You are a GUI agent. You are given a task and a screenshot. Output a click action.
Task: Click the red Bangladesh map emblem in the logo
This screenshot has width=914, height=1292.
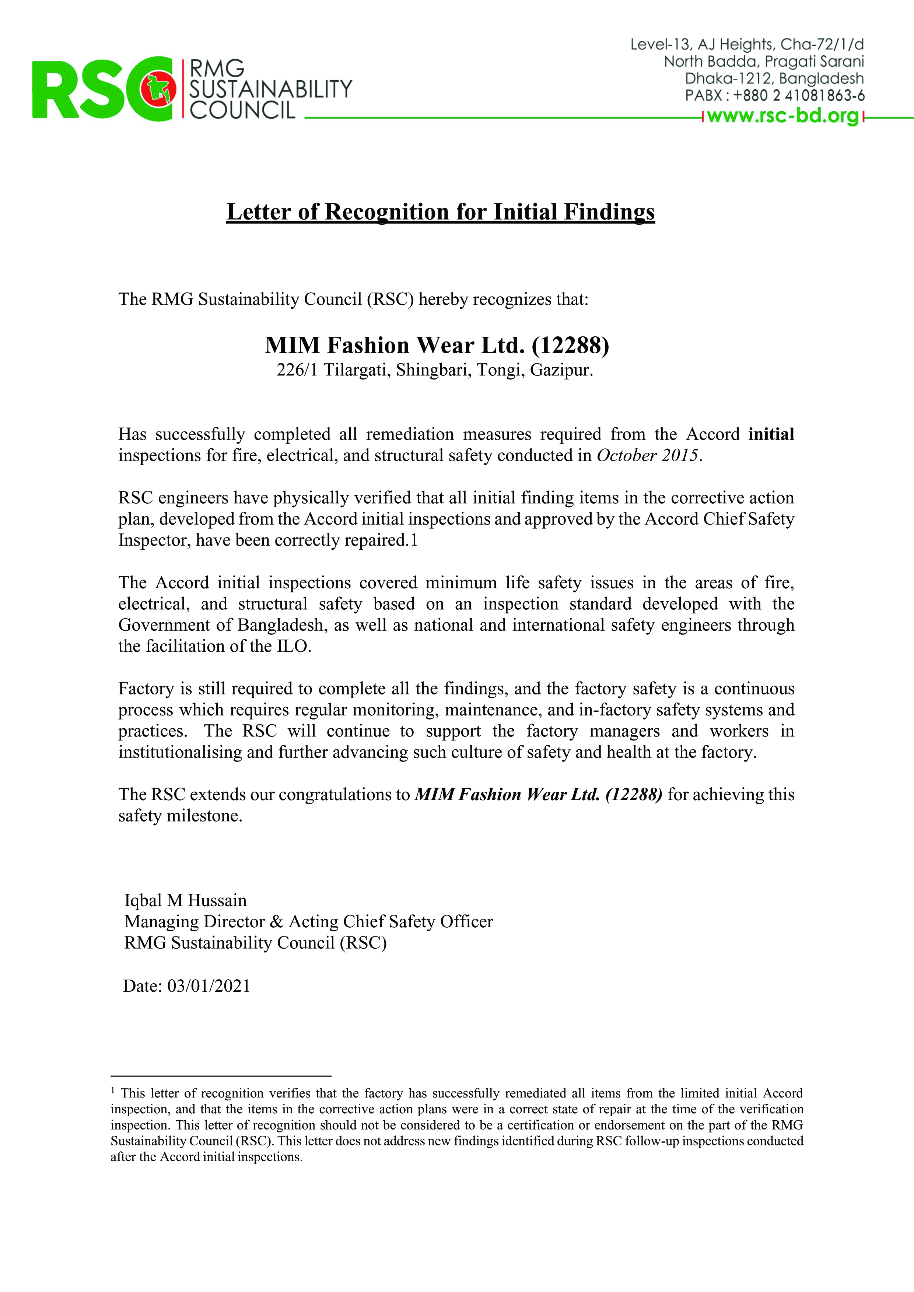tap(158, 89)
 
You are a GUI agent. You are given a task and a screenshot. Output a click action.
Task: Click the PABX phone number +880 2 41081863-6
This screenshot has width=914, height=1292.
tap(799, 96)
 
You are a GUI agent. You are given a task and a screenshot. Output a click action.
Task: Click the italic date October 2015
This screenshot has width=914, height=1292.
tap(647, 455)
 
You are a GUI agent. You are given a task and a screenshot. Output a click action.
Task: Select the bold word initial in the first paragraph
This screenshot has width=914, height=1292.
tap(770, 434)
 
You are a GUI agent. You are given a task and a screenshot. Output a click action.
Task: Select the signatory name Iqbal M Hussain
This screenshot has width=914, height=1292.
tap(185, 900)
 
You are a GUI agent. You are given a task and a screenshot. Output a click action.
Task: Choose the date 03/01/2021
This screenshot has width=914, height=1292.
tap(208, 986)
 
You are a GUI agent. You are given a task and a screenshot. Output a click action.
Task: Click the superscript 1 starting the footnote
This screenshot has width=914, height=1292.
tap(113, 1090)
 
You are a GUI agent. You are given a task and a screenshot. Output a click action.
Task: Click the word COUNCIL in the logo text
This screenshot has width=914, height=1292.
tap(242, 110)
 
